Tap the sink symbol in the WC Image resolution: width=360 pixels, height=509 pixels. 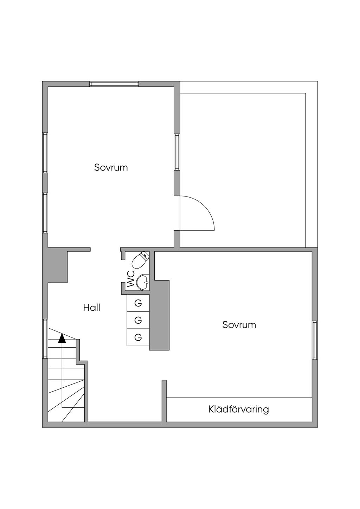click(143, 282)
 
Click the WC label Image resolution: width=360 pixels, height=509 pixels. click(131, 279)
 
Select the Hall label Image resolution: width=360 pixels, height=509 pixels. click(92, 308)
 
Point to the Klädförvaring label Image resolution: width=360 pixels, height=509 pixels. click(239, 409)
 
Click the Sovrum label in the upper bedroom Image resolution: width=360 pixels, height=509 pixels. click(111, 167)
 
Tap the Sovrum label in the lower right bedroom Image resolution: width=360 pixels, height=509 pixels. click(239, 324)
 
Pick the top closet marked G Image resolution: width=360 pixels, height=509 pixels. click(138, 303)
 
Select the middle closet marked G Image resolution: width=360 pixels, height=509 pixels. click(138, 320)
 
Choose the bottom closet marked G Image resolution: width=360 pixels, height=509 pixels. click(138, 337)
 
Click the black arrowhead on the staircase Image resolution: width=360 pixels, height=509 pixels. click(62, 338)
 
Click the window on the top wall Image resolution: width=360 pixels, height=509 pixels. click(114, 84)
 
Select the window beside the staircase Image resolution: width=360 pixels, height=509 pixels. click(45, 339)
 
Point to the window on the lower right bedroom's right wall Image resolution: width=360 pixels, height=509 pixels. click(315, 340)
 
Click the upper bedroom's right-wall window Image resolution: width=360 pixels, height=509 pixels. click(177, 152)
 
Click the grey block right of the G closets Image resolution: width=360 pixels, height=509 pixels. click(159, 315)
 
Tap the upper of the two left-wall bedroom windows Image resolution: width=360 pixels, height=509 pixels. click(45, 153)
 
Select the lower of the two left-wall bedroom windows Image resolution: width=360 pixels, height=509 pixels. click(45, 212)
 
